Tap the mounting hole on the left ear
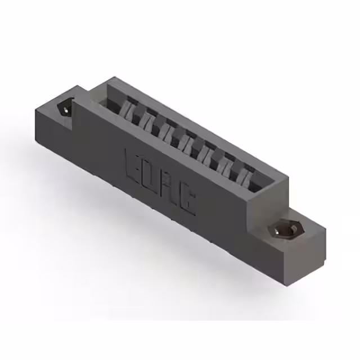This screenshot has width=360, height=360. pyautogui.click(x=66, y=107)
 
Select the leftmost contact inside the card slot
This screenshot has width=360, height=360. pyautogui.click(x=131, y=107)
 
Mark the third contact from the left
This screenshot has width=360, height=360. pyautogui.click(x=168, y=128)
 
